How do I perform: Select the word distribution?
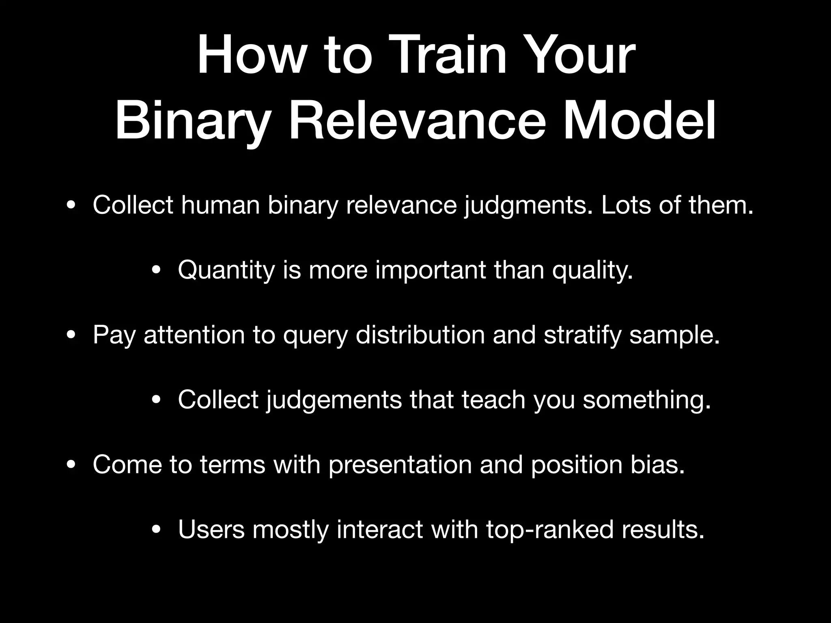[420, 335]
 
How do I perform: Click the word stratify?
[582, 335]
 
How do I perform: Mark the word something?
[647, 400]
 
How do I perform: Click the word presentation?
[400, 465]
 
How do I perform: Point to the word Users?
[211, 530]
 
